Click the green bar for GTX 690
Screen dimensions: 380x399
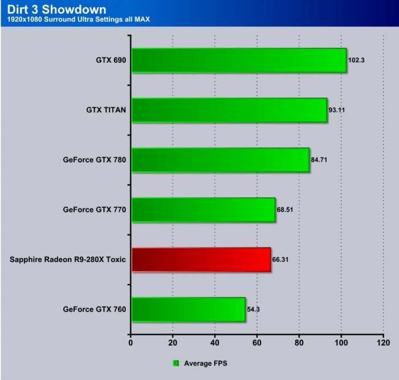[x=238, y=60]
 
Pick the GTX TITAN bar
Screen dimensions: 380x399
[x=229, y=110]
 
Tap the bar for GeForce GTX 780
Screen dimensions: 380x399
[x=220, y=160]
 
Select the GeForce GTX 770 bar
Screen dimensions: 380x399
[x=203, y=210]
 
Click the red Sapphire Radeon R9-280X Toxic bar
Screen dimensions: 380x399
[x=201, y=260]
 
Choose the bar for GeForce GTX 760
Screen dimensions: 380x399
[x=188, y=309]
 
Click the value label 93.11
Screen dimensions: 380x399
[x=337, y=110]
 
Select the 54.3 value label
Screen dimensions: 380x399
[x=254, y=309]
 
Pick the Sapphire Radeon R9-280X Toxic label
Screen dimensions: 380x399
[x=68, y=260]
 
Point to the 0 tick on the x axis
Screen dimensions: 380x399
[x=131, y=344]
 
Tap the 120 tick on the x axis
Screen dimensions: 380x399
[x=383, y=344]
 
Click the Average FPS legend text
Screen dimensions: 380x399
[x=204, y=362]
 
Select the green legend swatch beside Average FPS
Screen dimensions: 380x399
[x=176, y=362]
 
